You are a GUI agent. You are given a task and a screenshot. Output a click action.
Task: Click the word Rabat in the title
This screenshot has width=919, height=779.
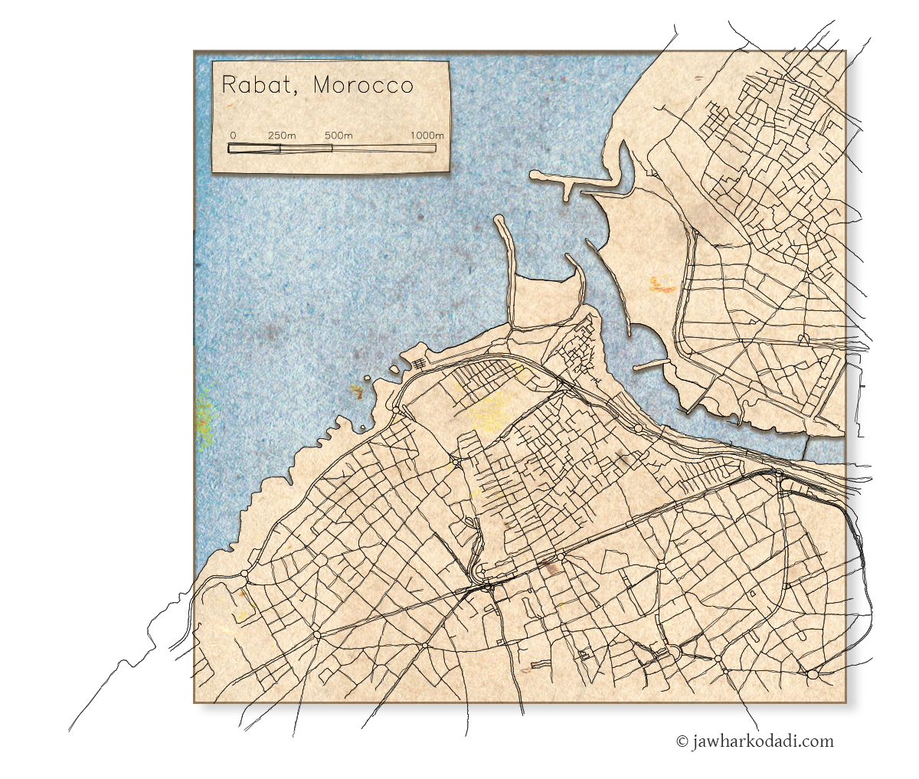(256, 84)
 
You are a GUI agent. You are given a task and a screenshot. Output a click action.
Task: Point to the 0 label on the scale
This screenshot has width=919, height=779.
(233, 136)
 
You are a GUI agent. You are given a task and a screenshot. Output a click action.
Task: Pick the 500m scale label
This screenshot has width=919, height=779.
(338, 136)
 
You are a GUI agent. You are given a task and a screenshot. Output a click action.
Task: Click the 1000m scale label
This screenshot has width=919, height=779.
(427, 136)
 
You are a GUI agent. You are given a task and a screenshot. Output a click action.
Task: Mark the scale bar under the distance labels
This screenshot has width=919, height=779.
(332, 148)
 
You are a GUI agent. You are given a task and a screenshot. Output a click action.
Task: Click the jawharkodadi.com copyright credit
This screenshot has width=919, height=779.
(754, 741)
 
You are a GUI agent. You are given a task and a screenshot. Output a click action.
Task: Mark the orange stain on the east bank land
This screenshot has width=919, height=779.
(661, 286)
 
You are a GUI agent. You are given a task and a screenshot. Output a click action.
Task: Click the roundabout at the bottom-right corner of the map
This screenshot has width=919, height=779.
(812, 674)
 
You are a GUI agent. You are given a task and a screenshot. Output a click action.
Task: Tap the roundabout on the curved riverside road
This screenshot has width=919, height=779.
(637, 428)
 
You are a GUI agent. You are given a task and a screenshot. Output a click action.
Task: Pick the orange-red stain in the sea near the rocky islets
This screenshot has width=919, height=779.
(357, 391)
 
